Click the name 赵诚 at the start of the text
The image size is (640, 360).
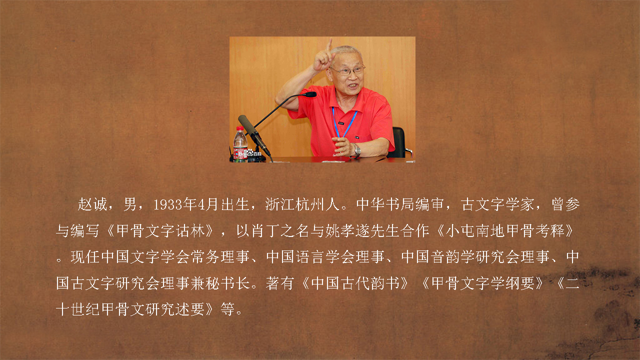pyautogui.click(x=92, y=204)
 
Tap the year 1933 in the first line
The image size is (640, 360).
pyautogui.click(x=168, y=204)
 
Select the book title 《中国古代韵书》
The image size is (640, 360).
pyautogui.click(x=355, y=283)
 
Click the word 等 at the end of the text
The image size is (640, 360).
pyautogui.click(x=227, y=309)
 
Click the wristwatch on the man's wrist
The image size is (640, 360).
pyautogui.click(x=356, y=150)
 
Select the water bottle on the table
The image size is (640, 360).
pyautogui.click(x=240, y=144)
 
